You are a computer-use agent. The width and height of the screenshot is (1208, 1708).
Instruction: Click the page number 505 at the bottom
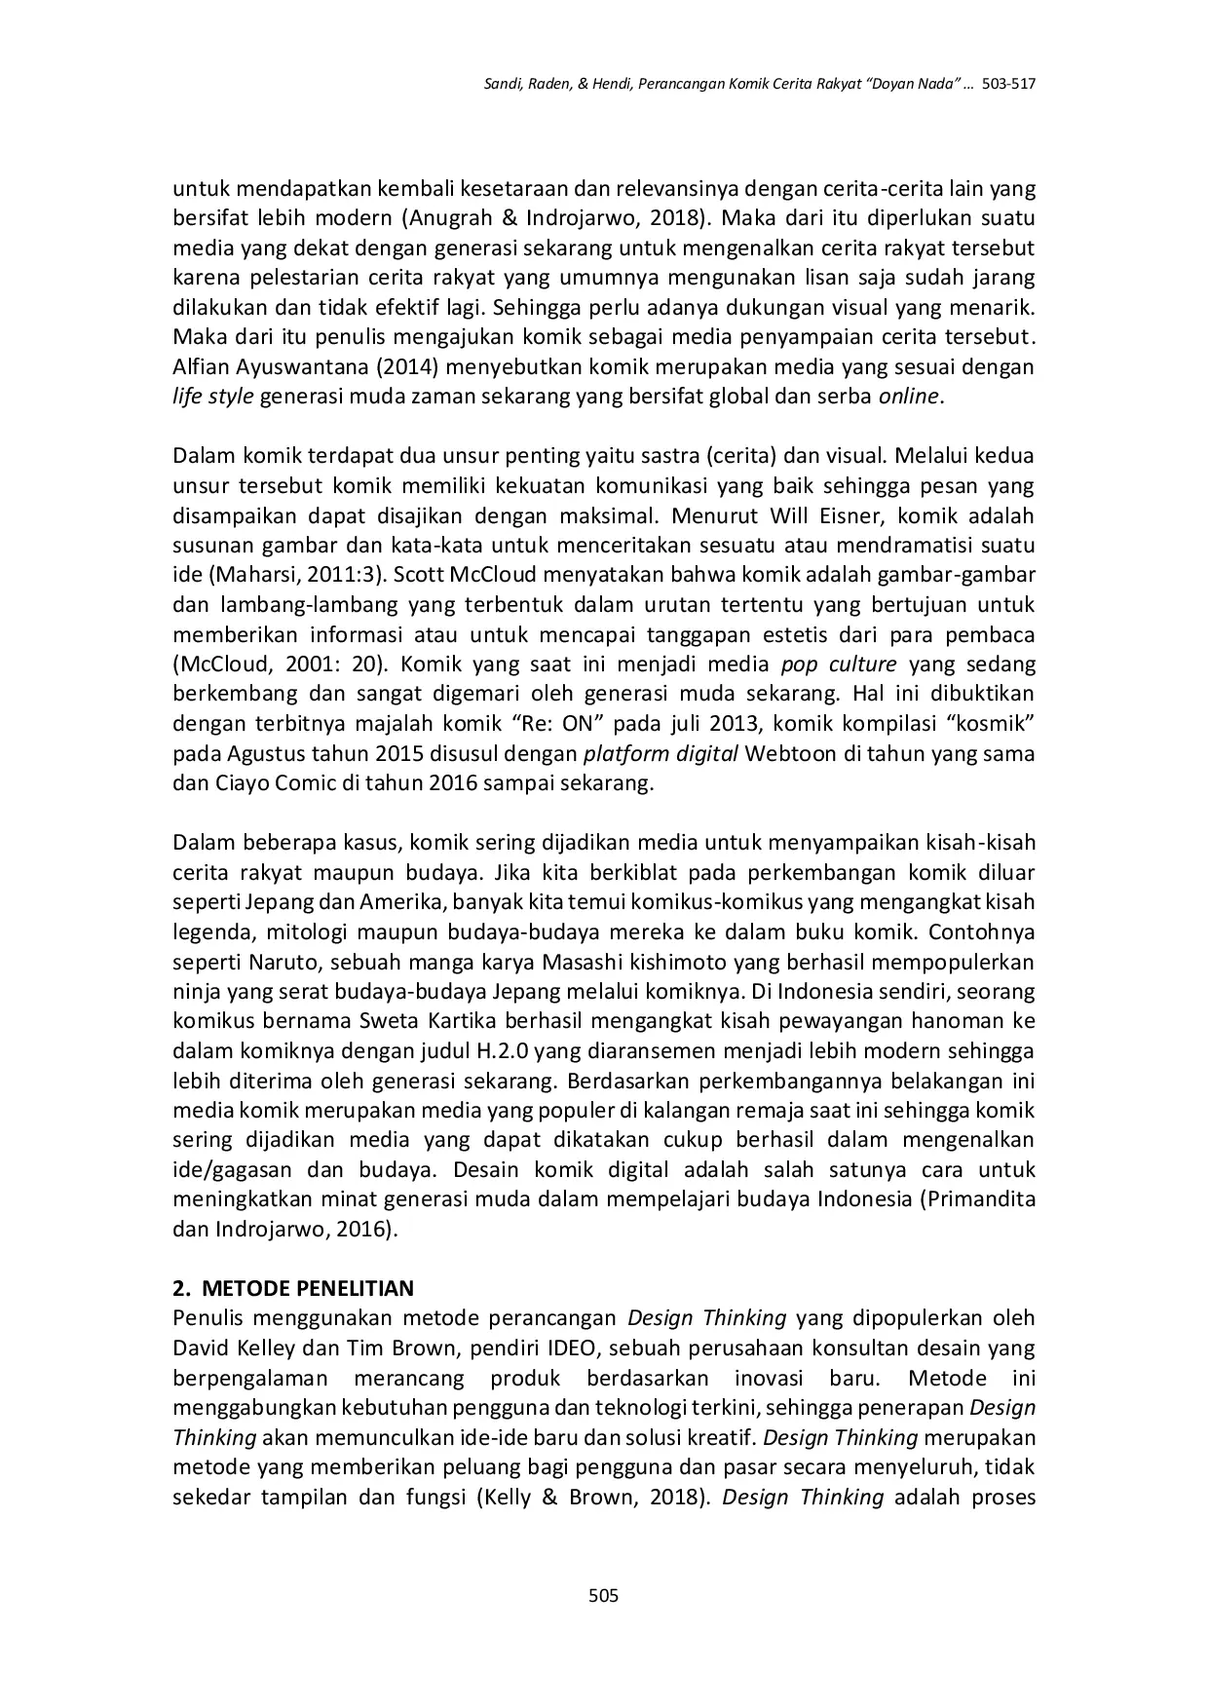click(604, 1595)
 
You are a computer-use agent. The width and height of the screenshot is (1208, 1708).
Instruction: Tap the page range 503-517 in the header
click(1007, 85)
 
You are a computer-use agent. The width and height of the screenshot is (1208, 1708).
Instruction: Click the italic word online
click(909, 397)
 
